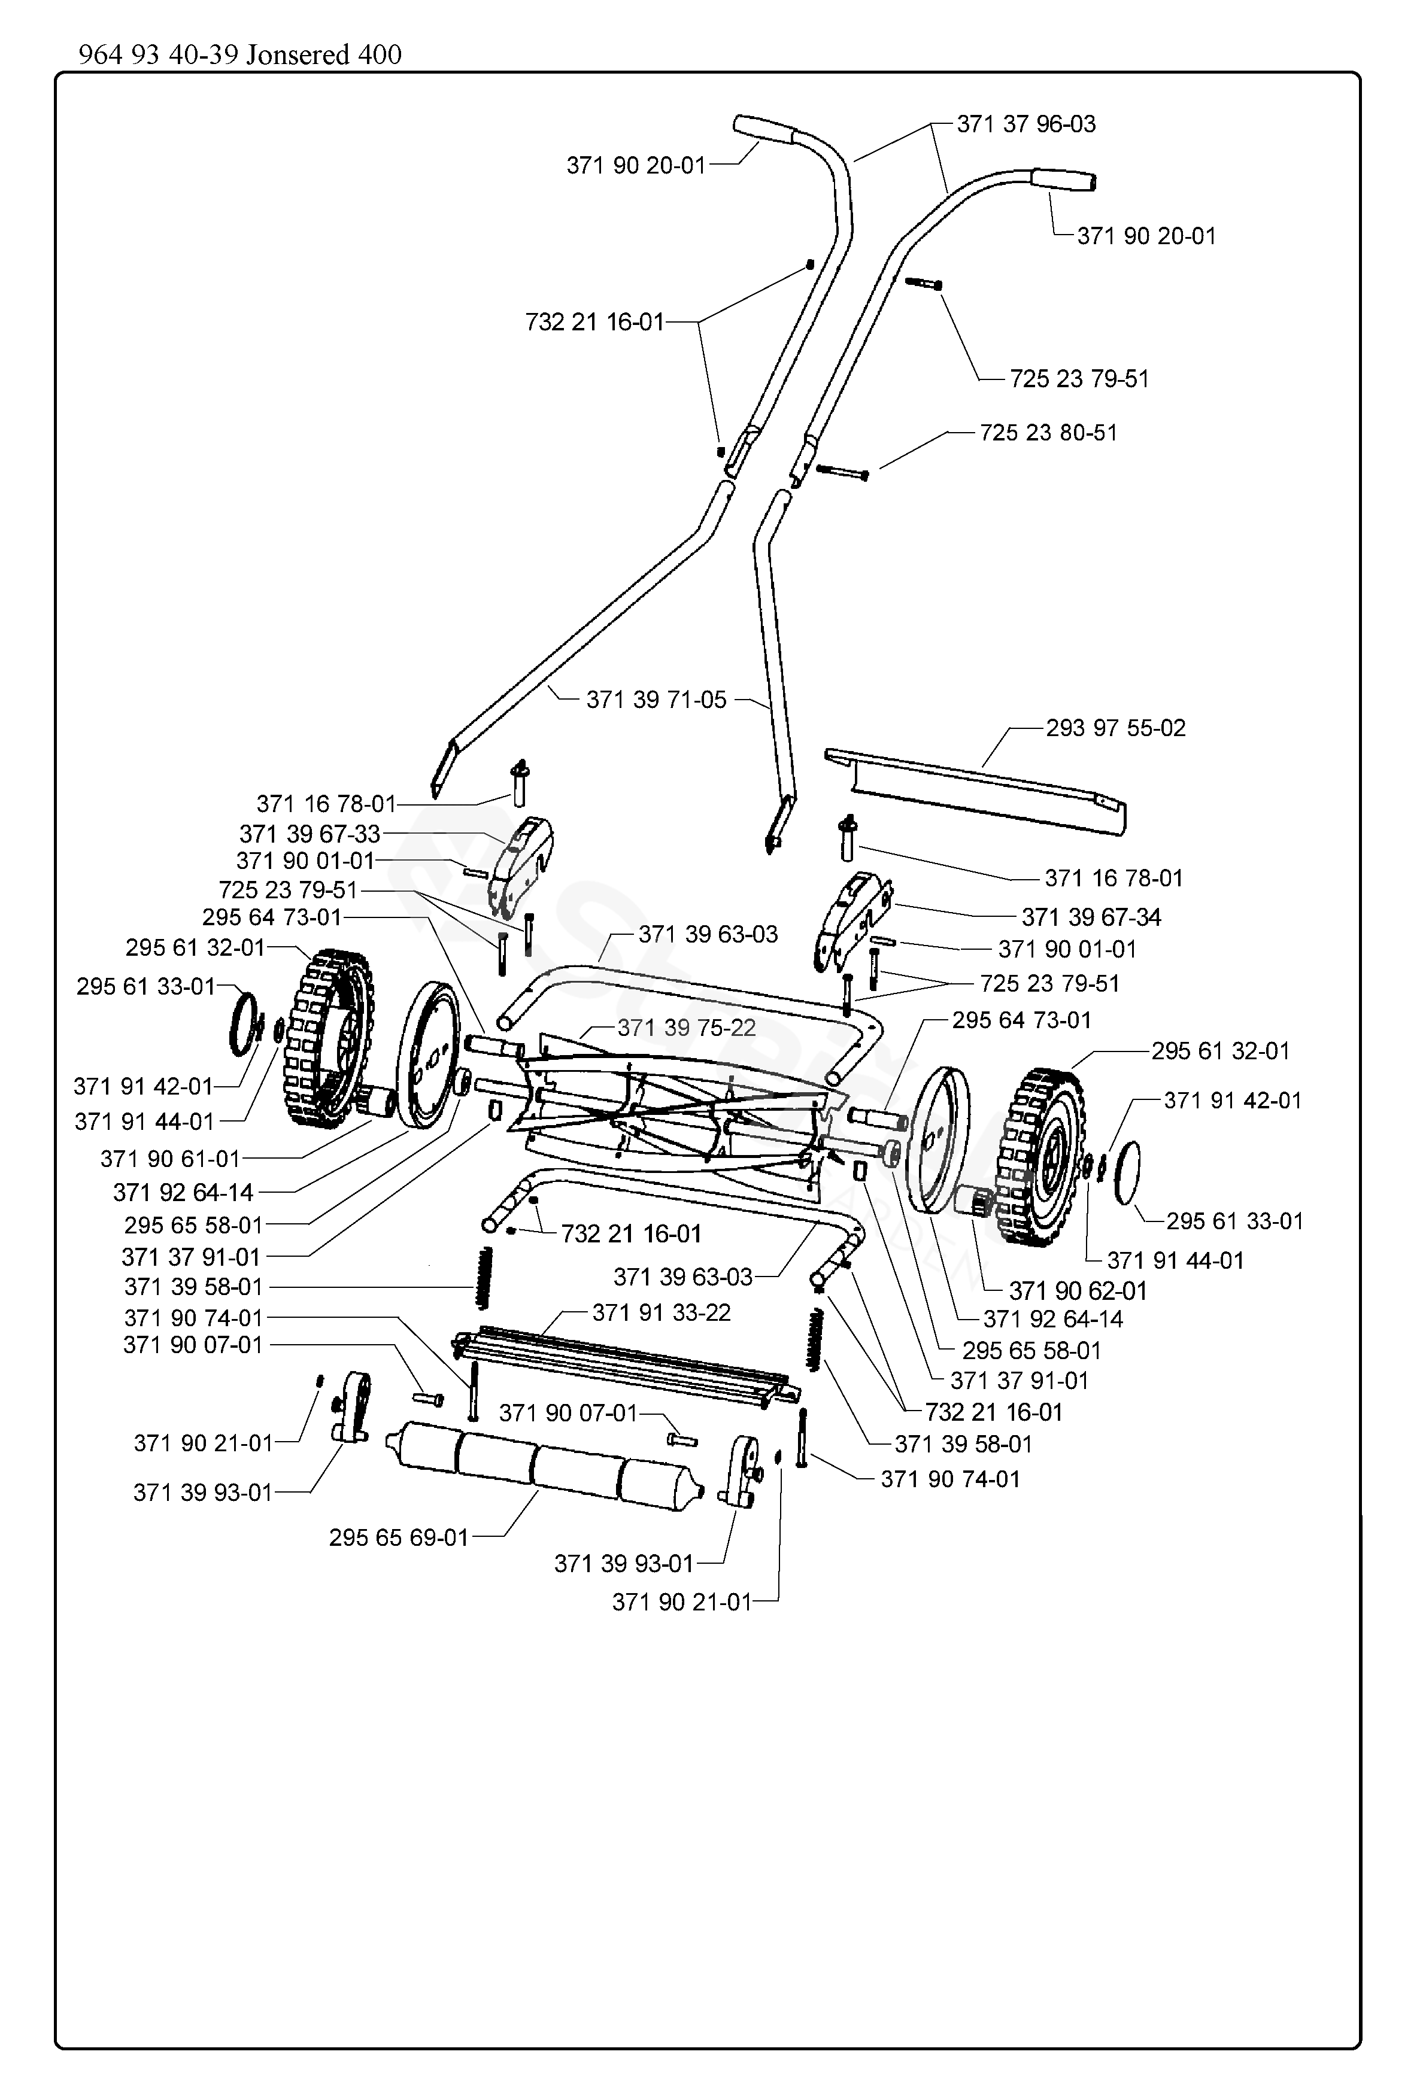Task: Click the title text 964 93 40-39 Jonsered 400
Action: coord(240,55)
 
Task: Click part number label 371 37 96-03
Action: coord(1026,124)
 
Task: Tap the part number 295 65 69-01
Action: coord(399,1537)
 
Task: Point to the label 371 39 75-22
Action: coord(687,1028)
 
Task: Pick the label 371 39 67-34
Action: coord(1091,917)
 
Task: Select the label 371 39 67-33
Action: coord(310,834)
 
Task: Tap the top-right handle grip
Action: coord(1065,180)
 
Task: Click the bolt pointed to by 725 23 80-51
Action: coord(841,471)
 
